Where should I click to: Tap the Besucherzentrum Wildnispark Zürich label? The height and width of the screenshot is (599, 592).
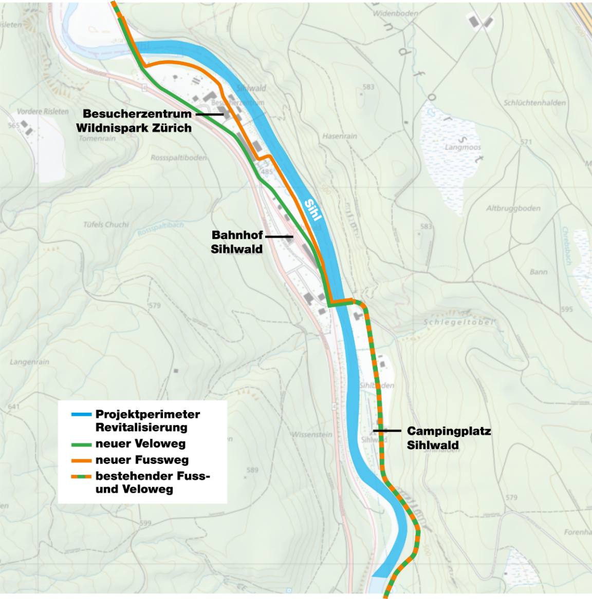[x=135, y=121]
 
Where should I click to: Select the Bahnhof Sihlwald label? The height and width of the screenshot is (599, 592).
[x=237, y=242]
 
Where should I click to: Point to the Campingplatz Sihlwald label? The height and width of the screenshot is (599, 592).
[x=449, y=438]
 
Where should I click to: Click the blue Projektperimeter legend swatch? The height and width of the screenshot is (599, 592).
[x=81, y=414]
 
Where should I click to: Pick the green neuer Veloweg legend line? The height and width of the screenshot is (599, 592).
[x=81, y=444]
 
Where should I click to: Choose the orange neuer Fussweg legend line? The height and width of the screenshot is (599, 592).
[x=81, y=460]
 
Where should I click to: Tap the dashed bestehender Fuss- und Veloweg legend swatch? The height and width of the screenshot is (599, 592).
[x=81, y=476]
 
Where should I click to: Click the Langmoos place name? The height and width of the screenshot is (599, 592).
[x=462, y=147]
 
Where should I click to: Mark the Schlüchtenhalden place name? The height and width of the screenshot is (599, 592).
[x=534, y=103]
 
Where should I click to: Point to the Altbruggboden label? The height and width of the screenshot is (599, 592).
[x=513, y=208]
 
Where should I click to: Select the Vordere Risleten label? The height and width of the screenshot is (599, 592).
[x=43, y=111]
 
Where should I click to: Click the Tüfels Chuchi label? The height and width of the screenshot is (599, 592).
[x=106, y=224]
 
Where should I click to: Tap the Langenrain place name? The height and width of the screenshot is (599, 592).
[x=29, y=362]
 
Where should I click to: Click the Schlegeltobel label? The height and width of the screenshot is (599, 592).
[x=459, y=322]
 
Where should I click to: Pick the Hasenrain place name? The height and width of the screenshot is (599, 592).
[x=339, y=136]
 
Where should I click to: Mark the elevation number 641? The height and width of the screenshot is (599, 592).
[x=13, y=407]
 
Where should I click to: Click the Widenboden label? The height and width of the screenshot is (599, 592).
[x=396, y=13]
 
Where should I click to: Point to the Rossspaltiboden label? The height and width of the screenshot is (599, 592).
[x=178, y=158]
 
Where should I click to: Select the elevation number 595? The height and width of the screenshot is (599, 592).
[x=566, y=310]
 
